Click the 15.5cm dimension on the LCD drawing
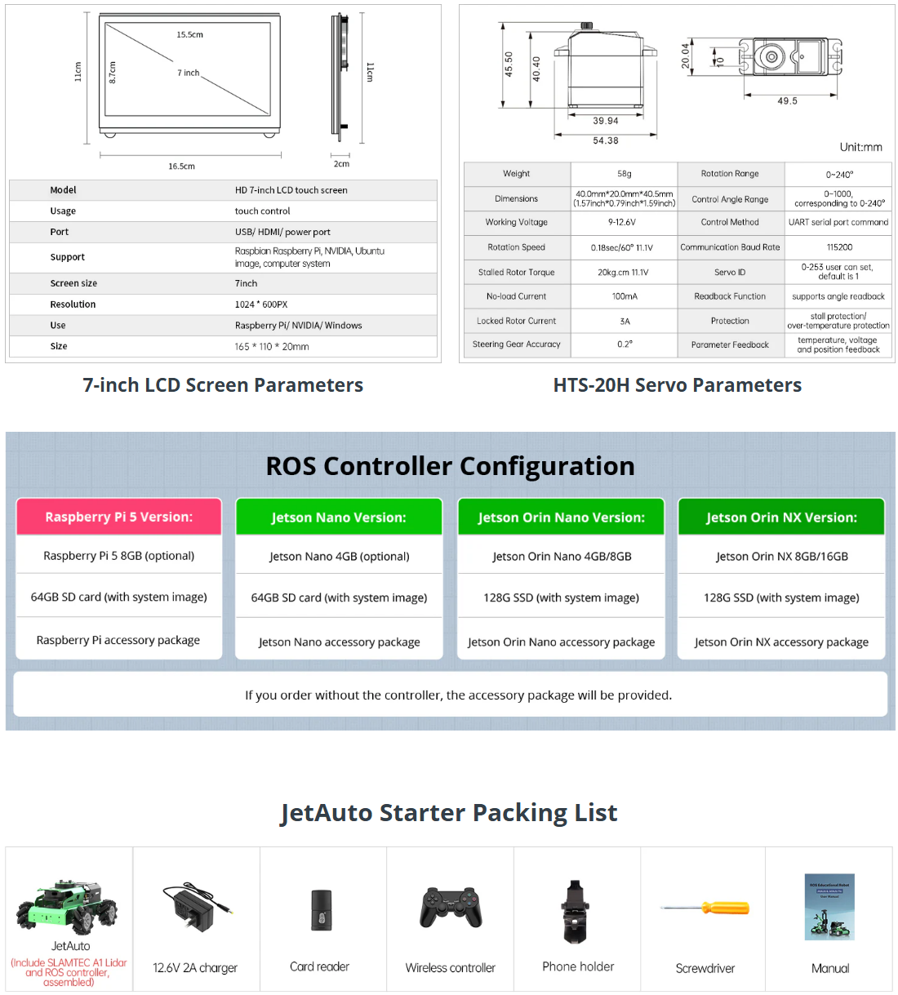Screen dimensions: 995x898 pyautogui.click(x=189, y=35)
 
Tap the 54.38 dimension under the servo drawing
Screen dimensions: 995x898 pyautogui.click(x=606, y=140)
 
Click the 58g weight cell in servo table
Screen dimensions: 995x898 pyautogui.click(x=625, y=174)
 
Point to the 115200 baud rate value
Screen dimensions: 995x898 pyautogui.click(x=839, y=247)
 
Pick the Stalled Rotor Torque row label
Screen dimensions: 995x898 pyautogui.click(x=517, y=273)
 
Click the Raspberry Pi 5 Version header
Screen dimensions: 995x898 pyautogui.click(x=119, y=517)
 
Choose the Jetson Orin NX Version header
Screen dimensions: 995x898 pyautogui.click(x=781, y=517)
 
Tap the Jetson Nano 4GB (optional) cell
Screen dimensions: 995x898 pyautogui.click(x=340, y=557)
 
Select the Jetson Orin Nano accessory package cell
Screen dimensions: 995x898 pyautogui.click(x=561, y=642)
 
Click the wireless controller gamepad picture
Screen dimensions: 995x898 pyautogui.click(x=451, y=908)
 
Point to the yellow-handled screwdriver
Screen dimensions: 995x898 pyautogui.click(x=705, y=908)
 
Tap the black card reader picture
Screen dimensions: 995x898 pyautogui.click(x=321, y=910)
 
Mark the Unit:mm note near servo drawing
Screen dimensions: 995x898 pyautogui.click(x=860, y=148)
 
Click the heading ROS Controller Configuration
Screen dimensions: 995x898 pyautogui.click(x=450, y=466)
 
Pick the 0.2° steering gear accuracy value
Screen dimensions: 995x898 pyautogui.click(x=625, y=344)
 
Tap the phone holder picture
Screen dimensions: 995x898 pyautogui.click(x=576, y=911)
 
